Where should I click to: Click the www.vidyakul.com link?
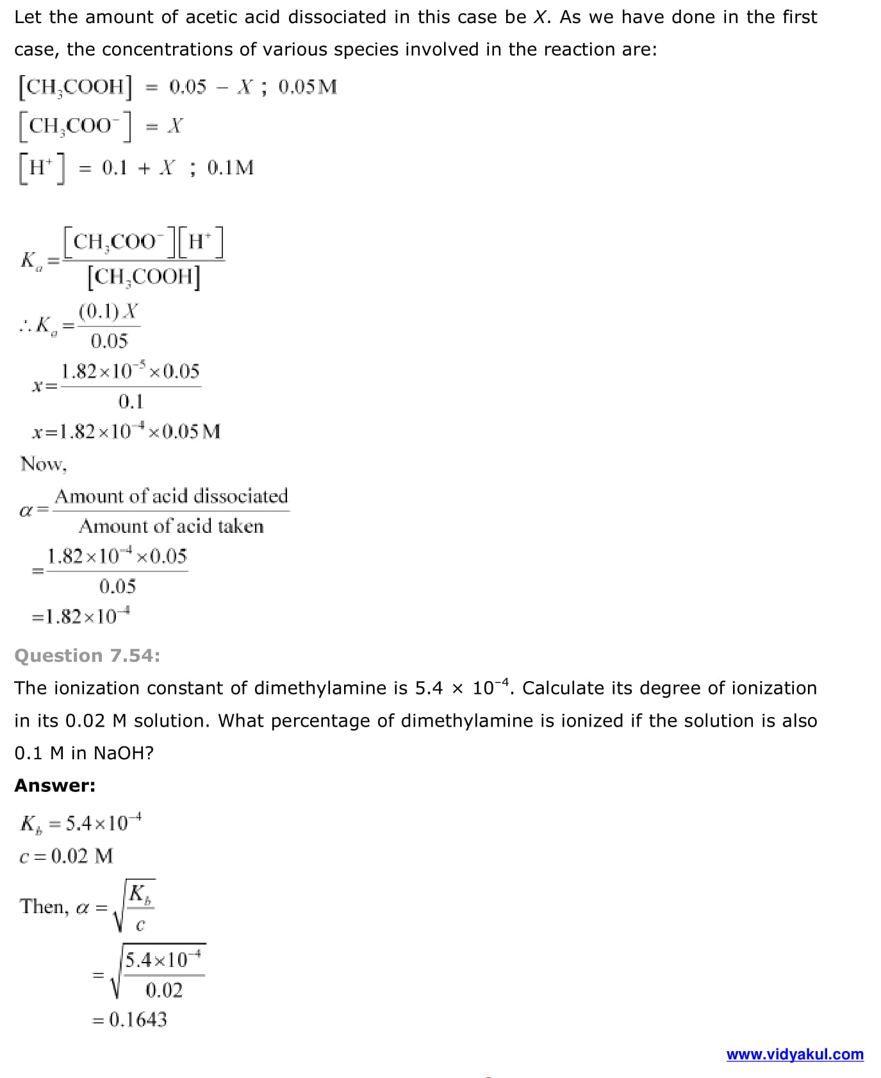point(795,1054)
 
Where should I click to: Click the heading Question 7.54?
point(87,655)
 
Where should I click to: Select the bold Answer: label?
point(54,786)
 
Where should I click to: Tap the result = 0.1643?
point(130,1019)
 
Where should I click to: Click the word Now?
point(43,464)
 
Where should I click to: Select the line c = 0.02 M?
point(66,856)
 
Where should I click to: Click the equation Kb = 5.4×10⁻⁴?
point(81,823)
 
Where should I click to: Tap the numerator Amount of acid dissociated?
point(171,496)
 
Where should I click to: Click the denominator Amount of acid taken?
point(171,526)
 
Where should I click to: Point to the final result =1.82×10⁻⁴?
point(81,616)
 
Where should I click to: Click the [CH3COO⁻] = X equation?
point(101,126)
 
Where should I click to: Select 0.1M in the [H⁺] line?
point(231,168)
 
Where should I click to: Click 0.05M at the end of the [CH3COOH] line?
point(308,87)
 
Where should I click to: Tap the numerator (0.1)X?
point(108,312)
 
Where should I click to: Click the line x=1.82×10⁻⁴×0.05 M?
point(126,431)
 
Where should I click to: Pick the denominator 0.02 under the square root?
point(164,990)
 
